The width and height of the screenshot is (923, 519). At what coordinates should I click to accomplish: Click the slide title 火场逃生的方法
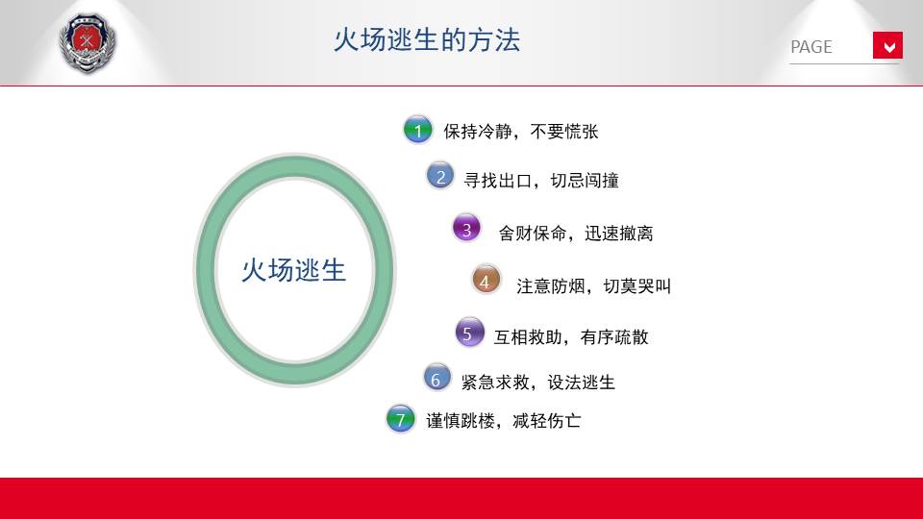pos(427,40)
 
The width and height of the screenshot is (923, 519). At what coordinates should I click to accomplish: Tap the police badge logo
pos(87,43)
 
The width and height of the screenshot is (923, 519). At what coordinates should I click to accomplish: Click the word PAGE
pos(811,47)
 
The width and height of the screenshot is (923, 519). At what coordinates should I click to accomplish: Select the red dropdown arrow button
pos(887,45)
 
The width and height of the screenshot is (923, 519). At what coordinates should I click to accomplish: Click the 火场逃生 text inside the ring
pos(294,270)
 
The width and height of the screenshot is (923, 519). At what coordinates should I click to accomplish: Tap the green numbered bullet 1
pos(418,130)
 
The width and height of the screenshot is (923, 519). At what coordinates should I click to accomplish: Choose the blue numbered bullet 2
pos(440,177)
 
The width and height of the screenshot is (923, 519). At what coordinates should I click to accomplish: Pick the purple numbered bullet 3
pos(467,229)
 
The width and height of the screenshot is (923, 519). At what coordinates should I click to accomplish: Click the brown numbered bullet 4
pos(486,280)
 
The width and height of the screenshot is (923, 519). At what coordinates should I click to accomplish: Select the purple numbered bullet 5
pos(470,333)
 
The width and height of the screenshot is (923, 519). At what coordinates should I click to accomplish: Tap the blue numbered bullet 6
pos(437,378)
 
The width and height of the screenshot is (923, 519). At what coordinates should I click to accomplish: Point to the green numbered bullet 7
pos(401,418)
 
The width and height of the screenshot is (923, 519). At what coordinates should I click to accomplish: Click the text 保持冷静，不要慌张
pos(521,132)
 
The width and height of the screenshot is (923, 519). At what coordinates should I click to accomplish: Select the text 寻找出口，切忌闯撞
pos(541,180)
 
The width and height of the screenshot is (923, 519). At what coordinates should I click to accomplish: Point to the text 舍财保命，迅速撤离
pos(576,233)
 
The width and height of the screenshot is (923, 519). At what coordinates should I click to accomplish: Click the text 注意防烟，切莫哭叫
pos(594,286)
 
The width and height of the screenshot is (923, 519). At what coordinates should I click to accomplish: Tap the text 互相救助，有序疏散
pos(571,336)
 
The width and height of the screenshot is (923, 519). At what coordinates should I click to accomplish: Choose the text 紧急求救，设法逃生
pos(538,382)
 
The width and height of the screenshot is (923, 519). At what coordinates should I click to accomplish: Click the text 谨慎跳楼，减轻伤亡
pos(504,420)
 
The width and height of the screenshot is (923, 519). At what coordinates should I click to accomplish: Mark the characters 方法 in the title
pos(494,40)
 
